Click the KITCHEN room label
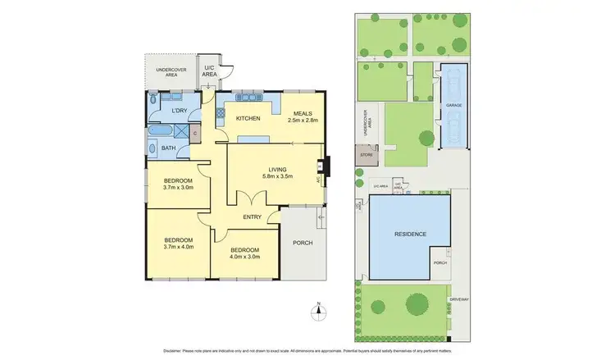[248, 119]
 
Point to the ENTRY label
[253, 217]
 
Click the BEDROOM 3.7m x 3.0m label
[177, 185]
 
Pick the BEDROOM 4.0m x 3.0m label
[244, 253]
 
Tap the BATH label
[168, 148]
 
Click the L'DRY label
[180, 110]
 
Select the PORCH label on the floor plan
[303, 243]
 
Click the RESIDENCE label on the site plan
[409, 235]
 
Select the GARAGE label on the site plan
[453, 106]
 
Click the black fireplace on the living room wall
[325, 166]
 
